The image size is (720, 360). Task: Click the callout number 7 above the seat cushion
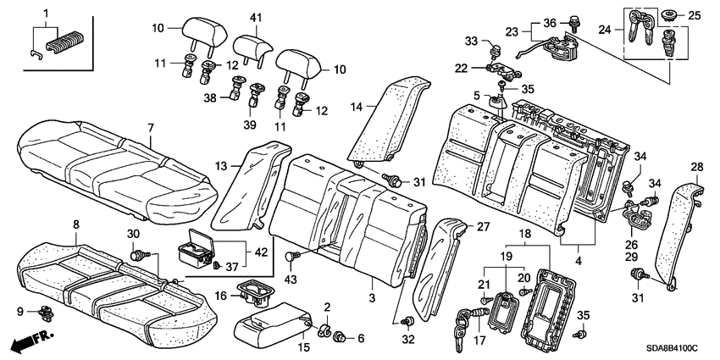[150, 128]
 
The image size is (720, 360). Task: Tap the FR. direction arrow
[30, 342]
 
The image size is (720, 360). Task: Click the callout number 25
[695, 15]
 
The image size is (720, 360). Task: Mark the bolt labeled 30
[136, 253]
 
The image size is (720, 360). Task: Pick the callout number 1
[46, 9]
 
